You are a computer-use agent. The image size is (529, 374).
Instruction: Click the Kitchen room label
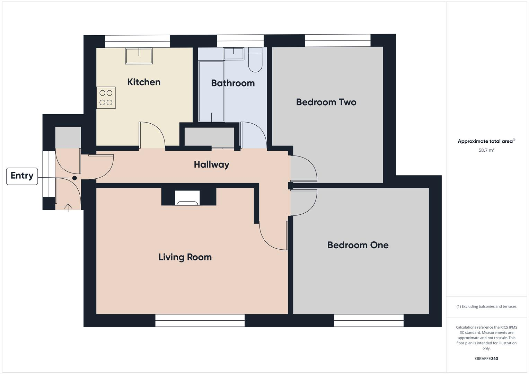(x=144, y=82)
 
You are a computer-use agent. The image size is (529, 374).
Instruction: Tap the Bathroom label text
(x=233, y=83)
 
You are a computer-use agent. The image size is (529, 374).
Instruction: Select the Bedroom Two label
(x=326, y=102)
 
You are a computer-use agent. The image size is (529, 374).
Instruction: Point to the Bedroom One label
(x=358, y=245)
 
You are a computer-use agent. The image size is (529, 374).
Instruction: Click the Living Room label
(x=185, y=257)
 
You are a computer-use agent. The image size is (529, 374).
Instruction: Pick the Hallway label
(x=211, y=164)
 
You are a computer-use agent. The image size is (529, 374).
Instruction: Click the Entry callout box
(x=22, y=176)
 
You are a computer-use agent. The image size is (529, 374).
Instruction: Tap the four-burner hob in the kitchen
(x=106, y=98)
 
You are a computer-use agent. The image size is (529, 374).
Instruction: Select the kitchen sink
(x=139, y=56)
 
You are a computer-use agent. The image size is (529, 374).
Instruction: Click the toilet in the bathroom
(x=255, y=60)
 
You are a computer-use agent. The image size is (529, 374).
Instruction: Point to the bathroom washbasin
(x=233, y=54)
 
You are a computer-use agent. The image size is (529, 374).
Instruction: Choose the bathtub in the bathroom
(x=211, y=91)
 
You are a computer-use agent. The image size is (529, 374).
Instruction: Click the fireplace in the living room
(x=187, y=198)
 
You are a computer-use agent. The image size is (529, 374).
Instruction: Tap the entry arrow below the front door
(x=68, y=208)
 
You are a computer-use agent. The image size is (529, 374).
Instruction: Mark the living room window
(x=200, y=320)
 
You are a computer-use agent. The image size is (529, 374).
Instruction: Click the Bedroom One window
(x=369, y=320)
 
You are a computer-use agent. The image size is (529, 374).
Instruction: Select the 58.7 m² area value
(x=486, y=150)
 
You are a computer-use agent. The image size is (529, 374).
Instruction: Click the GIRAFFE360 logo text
(x=486, y=359)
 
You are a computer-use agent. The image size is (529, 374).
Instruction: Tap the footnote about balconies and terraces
(x=486, y=306)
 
